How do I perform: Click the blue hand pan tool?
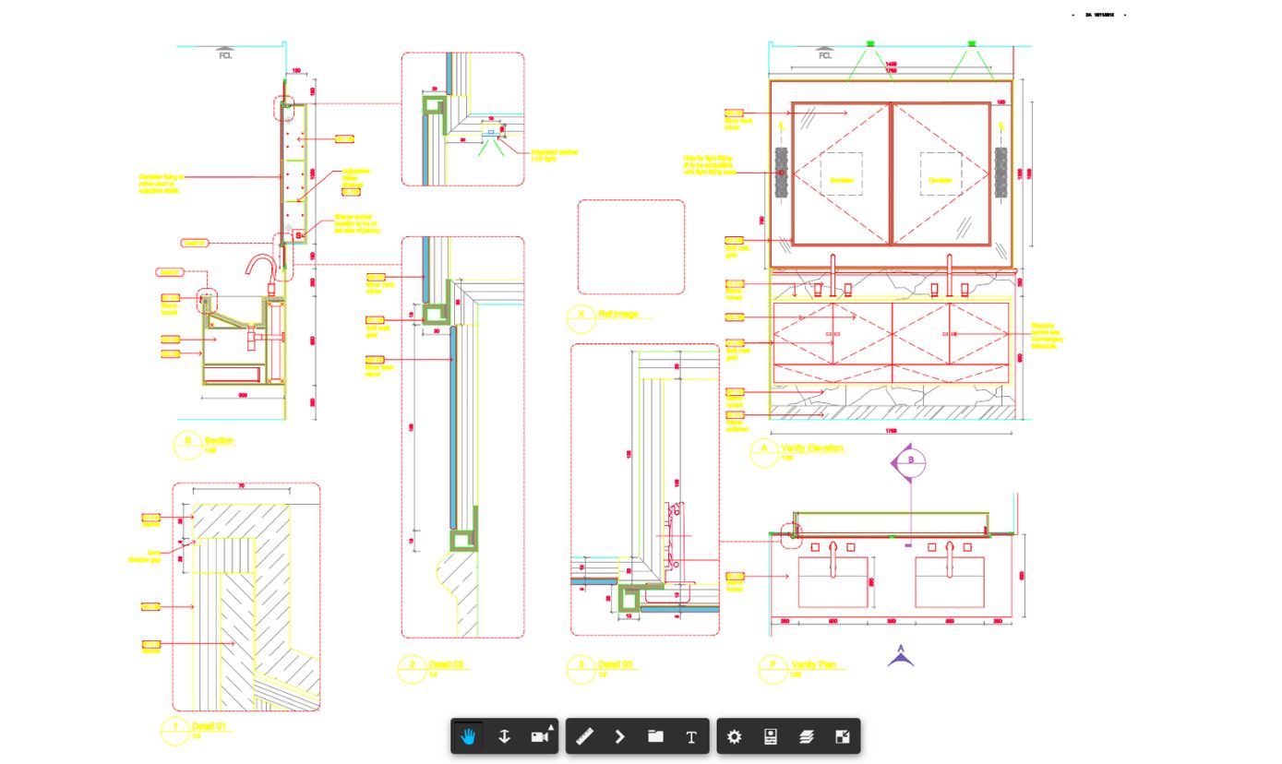(x=469, y=736)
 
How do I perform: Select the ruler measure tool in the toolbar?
(x=584, y=736)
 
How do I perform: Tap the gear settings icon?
(x=734, y=736)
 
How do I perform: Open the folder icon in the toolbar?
(x=655, y=736)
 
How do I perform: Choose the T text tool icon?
(x=690, y=736)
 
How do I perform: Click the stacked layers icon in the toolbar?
(x=806, y=736)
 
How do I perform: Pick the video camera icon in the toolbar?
(x=540, y=736)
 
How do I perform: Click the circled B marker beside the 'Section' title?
(x=187, y=443)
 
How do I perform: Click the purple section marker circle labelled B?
(x=910, y=460)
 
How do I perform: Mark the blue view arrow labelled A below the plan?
(x=901, y=656)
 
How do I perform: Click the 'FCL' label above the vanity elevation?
(x=825, y=55)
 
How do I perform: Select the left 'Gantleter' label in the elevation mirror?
(x=840, y=180)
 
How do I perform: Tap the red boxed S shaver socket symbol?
(x=298, y=236)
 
